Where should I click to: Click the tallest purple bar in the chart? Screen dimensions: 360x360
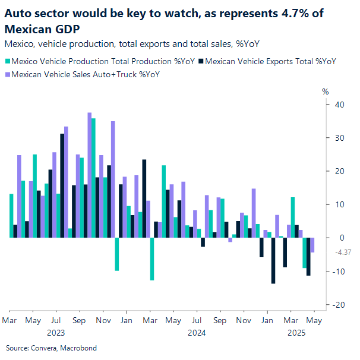pyautogui.click(x=89, y=175)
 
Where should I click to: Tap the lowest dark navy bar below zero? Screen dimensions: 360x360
pyautogui.click(x=273, y=260)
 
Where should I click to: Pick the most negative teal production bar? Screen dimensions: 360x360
pyautogui.click(x=152, y=258)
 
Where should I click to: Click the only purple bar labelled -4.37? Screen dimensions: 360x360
pyautogui.click(x=312, y=245)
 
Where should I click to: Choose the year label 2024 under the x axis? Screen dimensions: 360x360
pyautogui.click(x=196, y=333)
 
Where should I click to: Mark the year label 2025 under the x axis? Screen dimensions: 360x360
pyautogui.click(x=296, y=333)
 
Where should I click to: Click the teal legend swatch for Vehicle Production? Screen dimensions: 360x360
pyautogui.click(x=7, y=61)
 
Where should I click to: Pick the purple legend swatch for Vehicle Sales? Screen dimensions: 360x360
pyautogui.click(x=7, y=74)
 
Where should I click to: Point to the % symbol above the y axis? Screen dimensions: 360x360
pyautogui.click(x=324, y=91)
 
